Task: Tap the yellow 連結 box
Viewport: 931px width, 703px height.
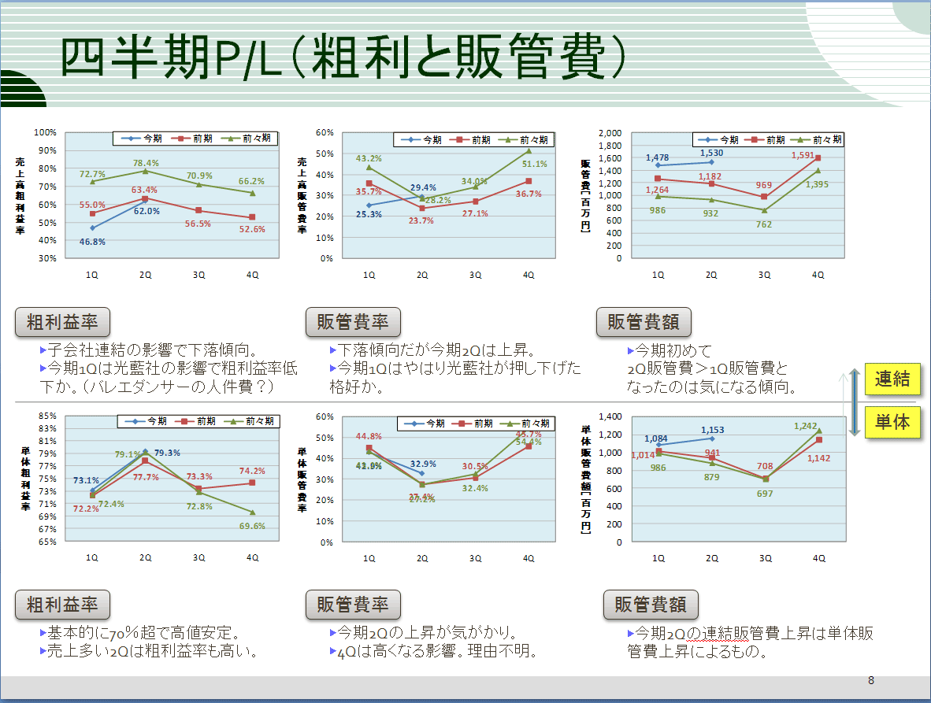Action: tap(892, 379)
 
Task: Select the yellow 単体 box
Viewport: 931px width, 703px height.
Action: tap(892, 423)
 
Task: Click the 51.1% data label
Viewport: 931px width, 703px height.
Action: tap(535, 165)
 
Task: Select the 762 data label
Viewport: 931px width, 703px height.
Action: tap(764, 224)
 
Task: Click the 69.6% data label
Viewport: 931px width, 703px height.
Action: tap(253, 525)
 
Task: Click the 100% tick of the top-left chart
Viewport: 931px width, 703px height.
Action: tap(46, 132)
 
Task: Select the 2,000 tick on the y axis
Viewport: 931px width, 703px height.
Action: tap(610, 132)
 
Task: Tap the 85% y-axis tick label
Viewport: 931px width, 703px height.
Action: tap(47, 416)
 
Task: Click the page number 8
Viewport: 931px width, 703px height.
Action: tap(871, 680)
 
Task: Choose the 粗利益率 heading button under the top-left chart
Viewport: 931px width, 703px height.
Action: tap(62, 322)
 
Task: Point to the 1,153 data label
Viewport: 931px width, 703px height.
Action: tap(710, 430)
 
